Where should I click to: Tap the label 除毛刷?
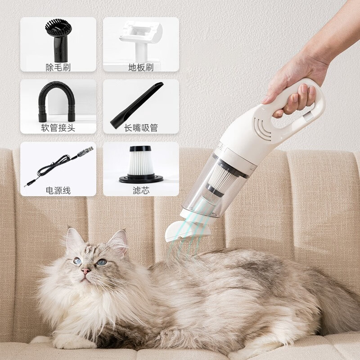coord(58,67)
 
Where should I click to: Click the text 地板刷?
coord(141,67)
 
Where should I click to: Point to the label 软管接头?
coord(58,128)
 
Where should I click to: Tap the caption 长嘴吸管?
coord(141,128)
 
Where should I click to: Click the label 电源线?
coord(58,191)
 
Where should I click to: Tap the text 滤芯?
coord(141,191)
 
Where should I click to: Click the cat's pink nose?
coord(85,271)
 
